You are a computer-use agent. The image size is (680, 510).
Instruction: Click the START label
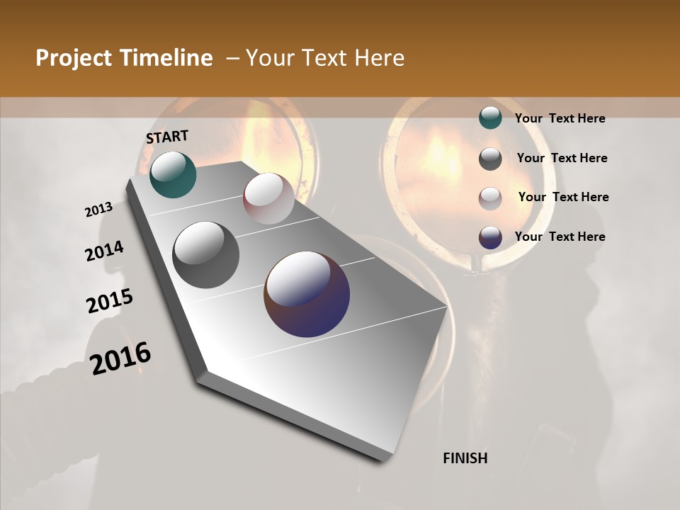(x=167, y=136)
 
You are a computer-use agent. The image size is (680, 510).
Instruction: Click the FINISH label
(x=465, y=458)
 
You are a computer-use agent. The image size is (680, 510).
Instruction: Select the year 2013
(x=98, y=210)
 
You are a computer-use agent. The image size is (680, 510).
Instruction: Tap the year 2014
(x=104, y=251)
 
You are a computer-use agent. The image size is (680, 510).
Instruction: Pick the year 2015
(x=110, y=301)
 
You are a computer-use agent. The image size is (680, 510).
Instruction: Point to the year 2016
(x=120, y=358)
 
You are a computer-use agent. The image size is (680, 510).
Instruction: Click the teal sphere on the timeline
(x=173, y=174)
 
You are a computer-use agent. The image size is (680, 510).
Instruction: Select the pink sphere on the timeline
(x=268, y=198)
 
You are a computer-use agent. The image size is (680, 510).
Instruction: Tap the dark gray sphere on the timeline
(x=205, y=255)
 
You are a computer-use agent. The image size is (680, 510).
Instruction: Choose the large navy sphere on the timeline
(x=307, y=294)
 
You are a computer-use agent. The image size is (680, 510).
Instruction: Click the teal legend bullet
(x=490, y=118)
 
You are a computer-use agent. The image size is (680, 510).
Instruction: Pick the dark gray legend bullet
(x=490, y=159)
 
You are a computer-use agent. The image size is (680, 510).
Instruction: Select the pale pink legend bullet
(x=490, y=198)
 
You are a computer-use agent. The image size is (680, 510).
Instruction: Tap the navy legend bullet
(x=490, y=237)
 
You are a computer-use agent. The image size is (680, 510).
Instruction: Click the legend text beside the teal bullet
(x=560, y=118)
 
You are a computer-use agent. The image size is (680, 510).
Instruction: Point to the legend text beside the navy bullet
(x=560, y=237)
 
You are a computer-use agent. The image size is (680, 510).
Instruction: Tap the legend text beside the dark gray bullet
(x=562, y=158)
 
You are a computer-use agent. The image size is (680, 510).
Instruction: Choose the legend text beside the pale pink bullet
(x=563, y=197)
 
